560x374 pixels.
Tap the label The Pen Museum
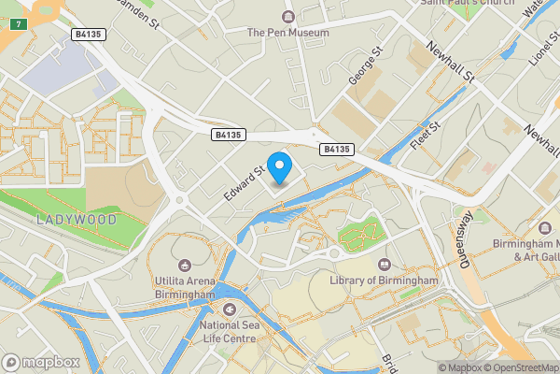pyautogui.click(x=287, y=33)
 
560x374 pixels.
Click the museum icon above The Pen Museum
pyautogui.click(x=287, y=16)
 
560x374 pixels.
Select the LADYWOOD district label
pyautogui.click(x=77, y=220)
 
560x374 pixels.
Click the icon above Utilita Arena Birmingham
pyautogui.click(x=185, y=265)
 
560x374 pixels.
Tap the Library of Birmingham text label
pyautogui.click(x=384, y=280)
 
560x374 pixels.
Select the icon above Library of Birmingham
pyautogui.click(x=385, y=264)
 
